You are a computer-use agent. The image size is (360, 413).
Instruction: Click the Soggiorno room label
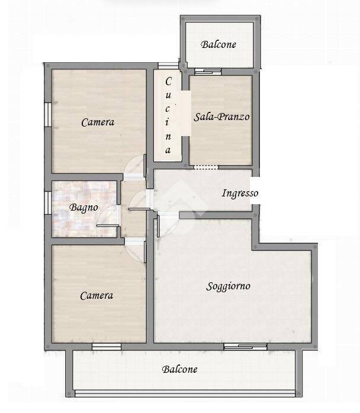click(x=228, y=286)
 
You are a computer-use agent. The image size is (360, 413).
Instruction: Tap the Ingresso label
click(x=240, y=193)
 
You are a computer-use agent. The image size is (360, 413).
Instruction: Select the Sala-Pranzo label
click(x=221, y=117)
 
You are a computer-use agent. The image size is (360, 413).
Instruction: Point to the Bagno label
click(x=83, y=208)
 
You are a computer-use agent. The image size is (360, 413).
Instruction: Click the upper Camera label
click(x=98, y=122)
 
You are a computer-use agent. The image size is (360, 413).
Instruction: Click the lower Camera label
click(x=97, y=295)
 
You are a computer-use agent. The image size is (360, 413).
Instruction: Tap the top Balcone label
click(x=218, y=44)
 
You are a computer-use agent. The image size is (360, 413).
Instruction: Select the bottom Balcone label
click(x=180, y=369)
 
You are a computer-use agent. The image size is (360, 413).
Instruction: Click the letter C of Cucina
click(x=168, y=82)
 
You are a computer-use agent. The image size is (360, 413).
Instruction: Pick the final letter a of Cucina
click(x=168, y=150)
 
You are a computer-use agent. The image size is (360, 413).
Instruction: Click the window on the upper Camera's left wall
click(x=48, y=115)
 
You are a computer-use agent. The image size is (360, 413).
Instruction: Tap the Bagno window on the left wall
click(x=48, y=202)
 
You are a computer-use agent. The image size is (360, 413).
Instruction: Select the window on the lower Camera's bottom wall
click(x=107, y=346)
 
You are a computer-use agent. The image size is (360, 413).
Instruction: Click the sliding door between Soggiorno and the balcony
click(x=245, y=346)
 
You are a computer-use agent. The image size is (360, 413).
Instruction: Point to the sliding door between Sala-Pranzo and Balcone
click(x=208, y=72)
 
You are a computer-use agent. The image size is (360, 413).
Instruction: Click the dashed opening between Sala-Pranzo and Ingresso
click(x=206, y=167)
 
